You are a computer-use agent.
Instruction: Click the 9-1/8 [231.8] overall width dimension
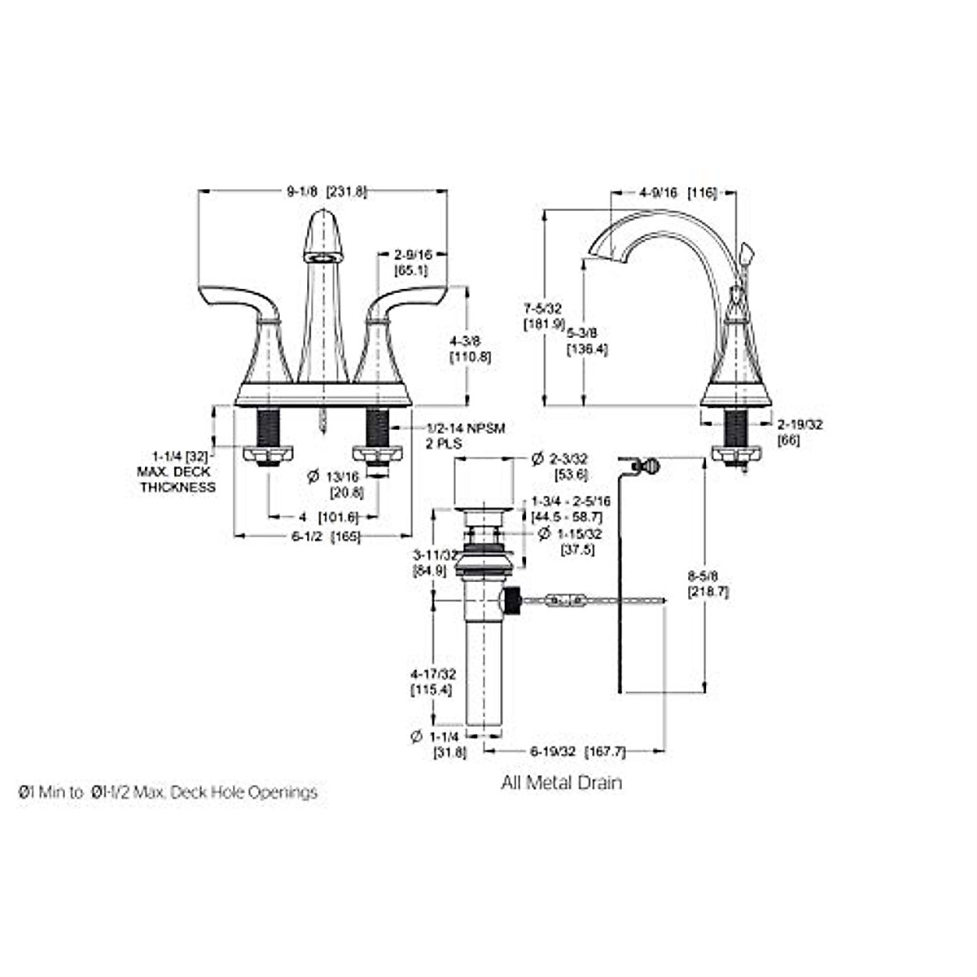326,192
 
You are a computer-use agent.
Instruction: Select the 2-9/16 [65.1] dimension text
411,261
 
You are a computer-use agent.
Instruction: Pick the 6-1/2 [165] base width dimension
325,536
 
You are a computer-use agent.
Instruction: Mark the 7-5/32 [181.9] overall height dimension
544,316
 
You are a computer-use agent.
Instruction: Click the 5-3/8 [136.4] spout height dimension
588,340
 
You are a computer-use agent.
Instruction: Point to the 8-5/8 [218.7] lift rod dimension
708,584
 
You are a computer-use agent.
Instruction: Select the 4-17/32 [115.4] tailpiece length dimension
432,681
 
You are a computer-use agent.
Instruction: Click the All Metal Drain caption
562,783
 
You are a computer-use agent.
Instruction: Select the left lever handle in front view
236,300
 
